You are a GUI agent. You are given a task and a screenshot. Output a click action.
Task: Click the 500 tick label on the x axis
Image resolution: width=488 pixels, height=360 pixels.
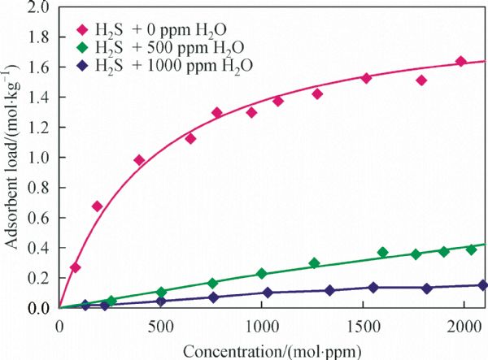point(160,327)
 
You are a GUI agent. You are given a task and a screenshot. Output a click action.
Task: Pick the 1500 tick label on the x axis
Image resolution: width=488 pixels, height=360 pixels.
point(363,327)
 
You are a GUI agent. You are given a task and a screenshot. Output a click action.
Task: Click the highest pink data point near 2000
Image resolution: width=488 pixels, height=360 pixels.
point(460,62)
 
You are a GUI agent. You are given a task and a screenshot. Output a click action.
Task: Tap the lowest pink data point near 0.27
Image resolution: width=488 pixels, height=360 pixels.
point(76,267)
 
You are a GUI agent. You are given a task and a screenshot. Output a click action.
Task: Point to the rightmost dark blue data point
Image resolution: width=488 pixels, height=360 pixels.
point(482,285)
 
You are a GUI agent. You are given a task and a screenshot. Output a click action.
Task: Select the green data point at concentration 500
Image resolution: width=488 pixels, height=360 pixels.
point(161,292)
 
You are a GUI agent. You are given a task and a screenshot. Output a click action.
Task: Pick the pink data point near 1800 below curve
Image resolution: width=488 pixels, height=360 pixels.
point(421,80)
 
